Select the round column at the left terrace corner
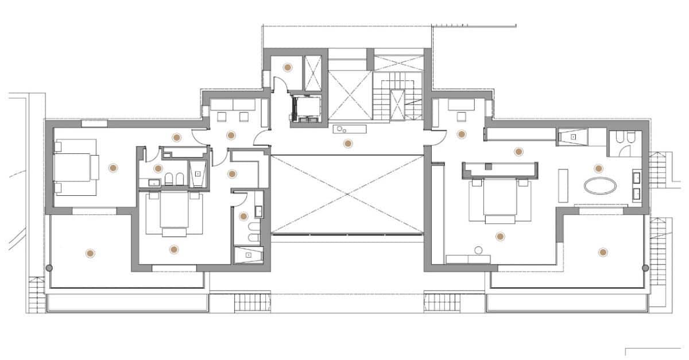[49, 268]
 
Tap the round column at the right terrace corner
[645, 268]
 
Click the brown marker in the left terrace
[90, 253]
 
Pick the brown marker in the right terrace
[602, 251]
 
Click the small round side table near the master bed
[478, 250]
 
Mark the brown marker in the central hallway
[347, 144]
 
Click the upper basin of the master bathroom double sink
[637, 177]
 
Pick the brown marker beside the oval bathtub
[598, 168]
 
